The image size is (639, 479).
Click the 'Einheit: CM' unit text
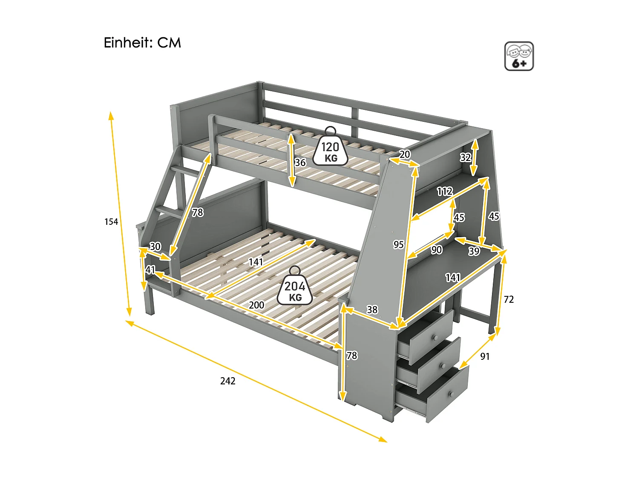pos(142,43)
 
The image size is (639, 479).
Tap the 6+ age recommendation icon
pos(519,56)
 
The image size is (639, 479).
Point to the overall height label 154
pos(111,221)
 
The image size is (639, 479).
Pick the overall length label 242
pos(227,381)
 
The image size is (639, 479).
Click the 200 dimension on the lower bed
pos(256,305)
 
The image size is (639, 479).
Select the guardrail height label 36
pos(300,162)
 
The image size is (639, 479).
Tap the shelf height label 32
pos(465,158)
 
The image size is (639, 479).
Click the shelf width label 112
pos(444,192)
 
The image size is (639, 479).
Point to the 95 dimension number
pos(398,244)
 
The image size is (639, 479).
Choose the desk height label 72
pos(509,299)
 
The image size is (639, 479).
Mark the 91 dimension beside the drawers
pos(485,356)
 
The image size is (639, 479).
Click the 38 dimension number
pos(372,310)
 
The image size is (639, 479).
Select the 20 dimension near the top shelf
pos(404,154)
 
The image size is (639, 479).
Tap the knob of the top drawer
pos(435,338)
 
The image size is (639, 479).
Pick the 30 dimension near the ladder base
pos(155,247)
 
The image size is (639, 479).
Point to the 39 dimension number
pos(474,251)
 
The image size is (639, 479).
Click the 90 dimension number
pos(436,250)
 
